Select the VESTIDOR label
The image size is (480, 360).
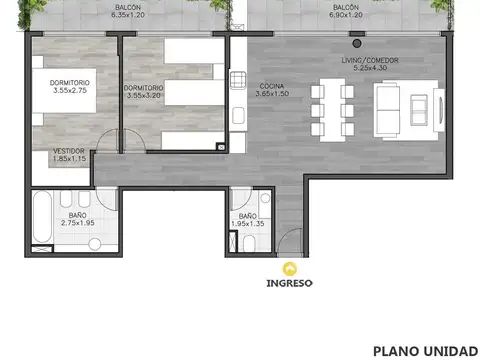click(69, 151)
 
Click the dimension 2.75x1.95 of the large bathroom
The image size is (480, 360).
click(76, 224)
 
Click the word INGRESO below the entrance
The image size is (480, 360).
click(289, 283)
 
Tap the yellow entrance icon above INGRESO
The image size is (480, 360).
click(289, 268)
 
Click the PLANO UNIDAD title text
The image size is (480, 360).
click(425, 351)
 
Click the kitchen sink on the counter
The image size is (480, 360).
click(238, 80)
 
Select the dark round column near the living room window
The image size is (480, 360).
click(356, 43)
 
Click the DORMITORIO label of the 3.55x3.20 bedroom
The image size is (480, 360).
click(144, 88)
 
